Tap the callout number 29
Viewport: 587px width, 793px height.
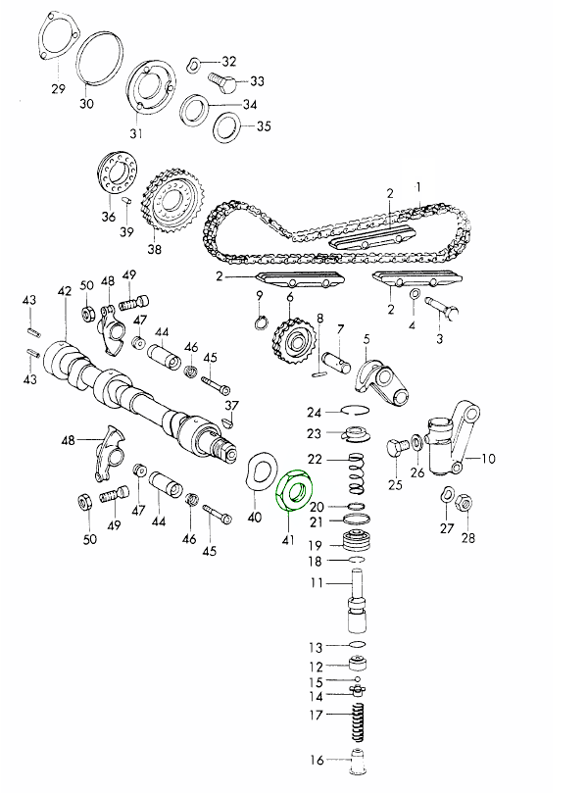click(58, 88)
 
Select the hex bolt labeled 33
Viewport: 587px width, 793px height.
click(222, 82)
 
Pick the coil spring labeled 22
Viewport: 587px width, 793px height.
click(357, 473)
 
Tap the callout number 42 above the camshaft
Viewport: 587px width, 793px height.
click(65, 292)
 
